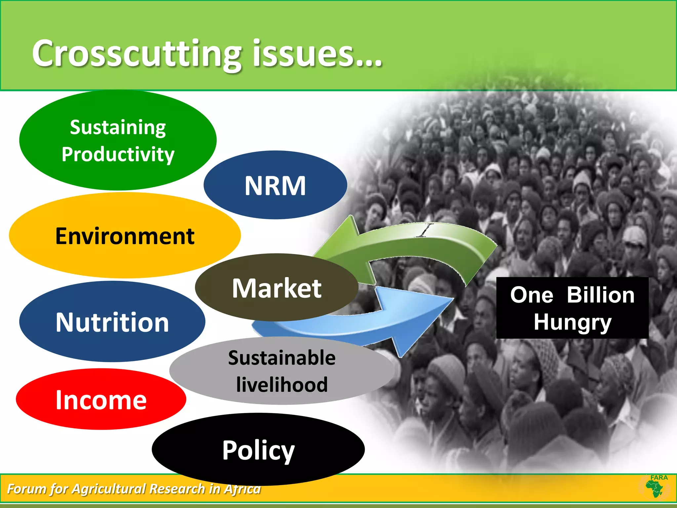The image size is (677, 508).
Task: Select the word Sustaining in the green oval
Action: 118,127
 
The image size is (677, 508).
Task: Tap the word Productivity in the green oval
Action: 118,154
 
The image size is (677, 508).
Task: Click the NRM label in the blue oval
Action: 275,186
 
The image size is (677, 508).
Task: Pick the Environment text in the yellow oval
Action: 125,236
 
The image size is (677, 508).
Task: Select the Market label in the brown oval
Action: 276,288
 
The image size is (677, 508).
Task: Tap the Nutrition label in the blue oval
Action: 112,322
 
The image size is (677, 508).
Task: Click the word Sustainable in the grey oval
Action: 282,358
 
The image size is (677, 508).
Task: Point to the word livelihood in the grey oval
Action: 282,385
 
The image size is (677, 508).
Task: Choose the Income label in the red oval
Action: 101,400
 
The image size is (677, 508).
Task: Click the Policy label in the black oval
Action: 258,450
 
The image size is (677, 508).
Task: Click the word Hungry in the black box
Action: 573,322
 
